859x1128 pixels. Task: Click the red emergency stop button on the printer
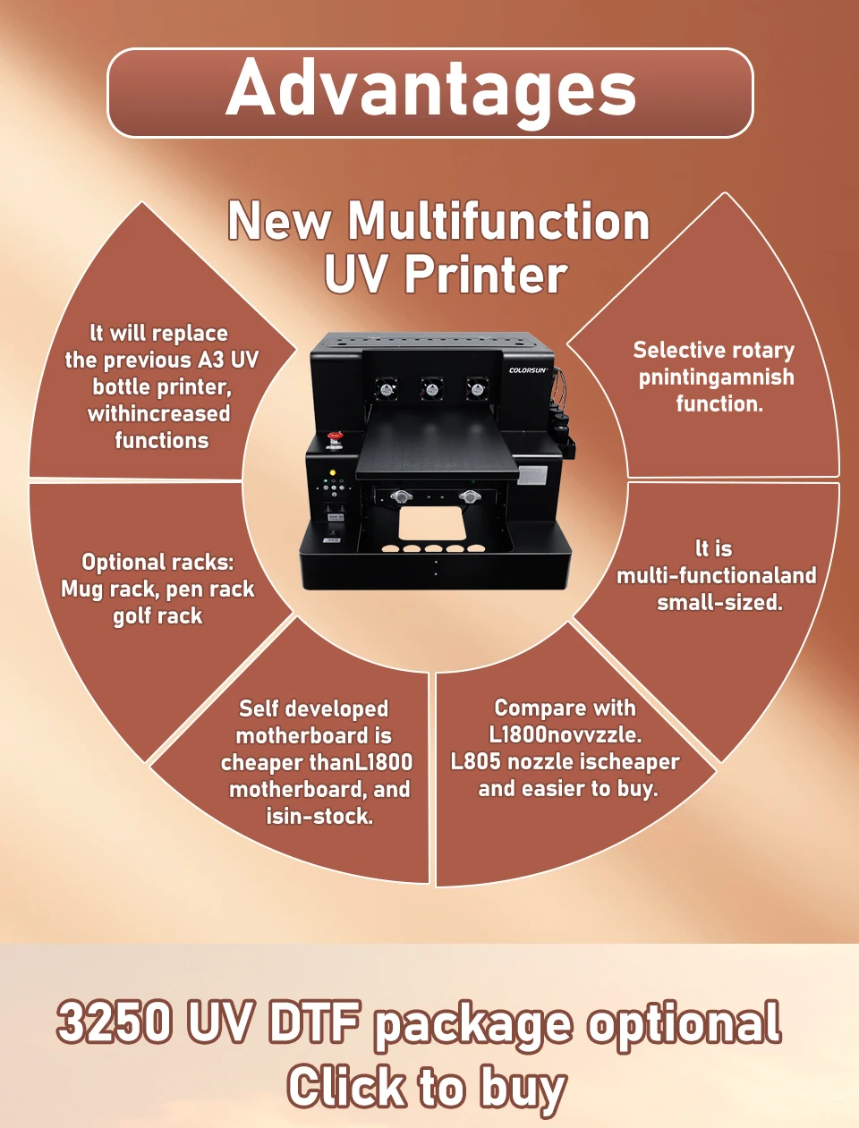(336, 437)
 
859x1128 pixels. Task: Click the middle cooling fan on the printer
(431, 388)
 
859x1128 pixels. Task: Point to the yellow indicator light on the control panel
(333, 471)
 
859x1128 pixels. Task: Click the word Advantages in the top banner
(430, 89)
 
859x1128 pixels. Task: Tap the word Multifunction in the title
(498, 222)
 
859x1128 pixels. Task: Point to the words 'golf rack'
(157, 616)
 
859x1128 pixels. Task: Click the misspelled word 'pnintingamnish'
(716, 377)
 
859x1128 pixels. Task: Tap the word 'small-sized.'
(719, 603)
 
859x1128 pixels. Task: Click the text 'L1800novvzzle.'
(565, 735)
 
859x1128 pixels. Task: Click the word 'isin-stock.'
(319, 817)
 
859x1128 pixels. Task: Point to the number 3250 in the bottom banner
(115, 1022)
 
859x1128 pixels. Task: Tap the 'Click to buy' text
(427, 1087)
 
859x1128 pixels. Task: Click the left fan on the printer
(387, 388)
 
